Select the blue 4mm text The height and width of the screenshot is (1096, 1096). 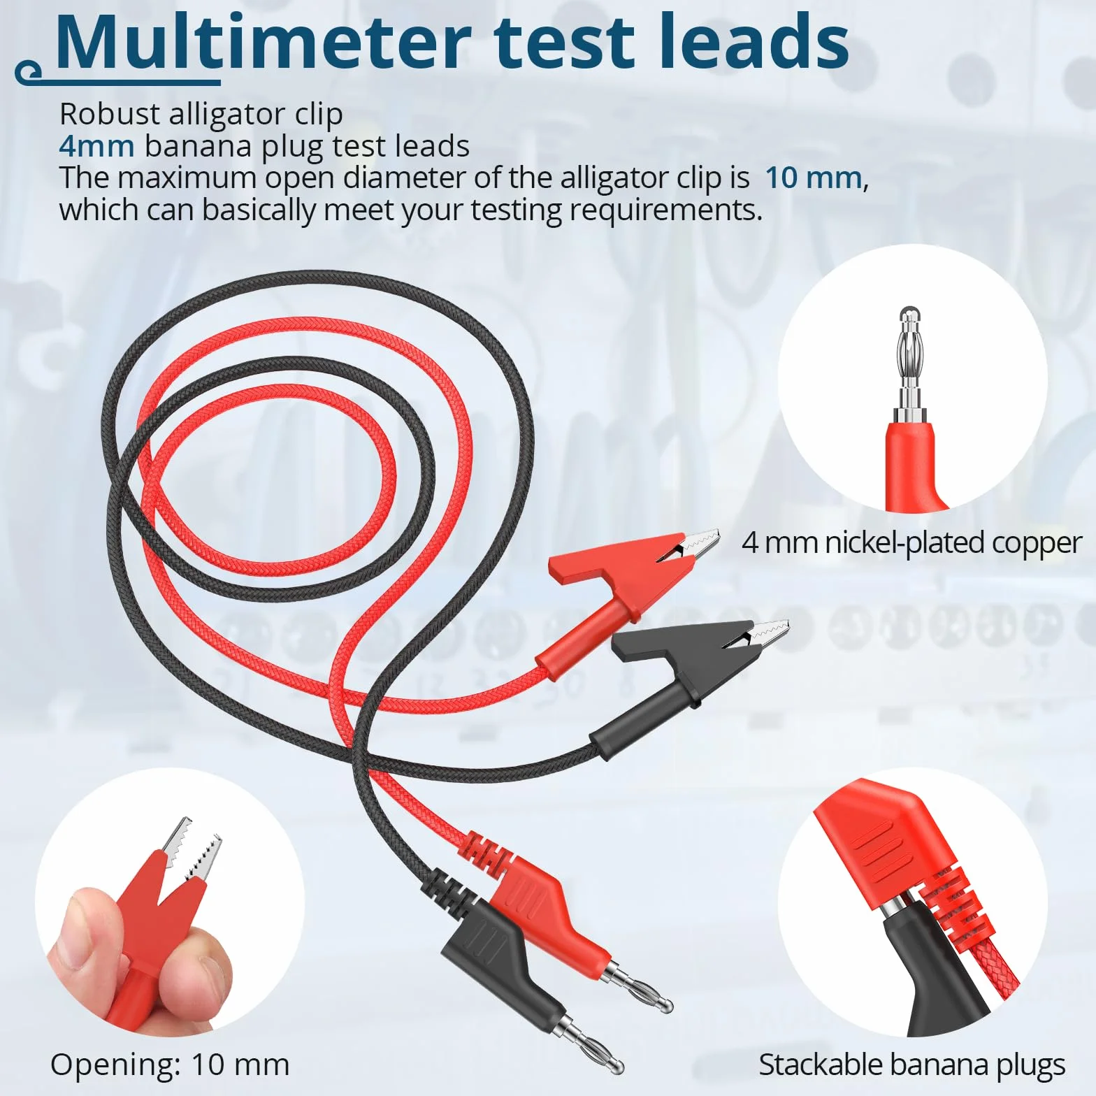pos(96,146)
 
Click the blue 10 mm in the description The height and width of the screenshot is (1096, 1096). pos(813,178)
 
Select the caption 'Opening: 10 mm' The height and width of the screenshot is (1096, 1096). pos(170,1065)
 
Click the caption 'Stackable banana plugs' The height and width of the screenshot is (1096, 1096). pos(912,1065)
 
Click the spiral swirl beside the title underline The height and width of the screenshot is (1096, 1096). pos(28,71)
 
